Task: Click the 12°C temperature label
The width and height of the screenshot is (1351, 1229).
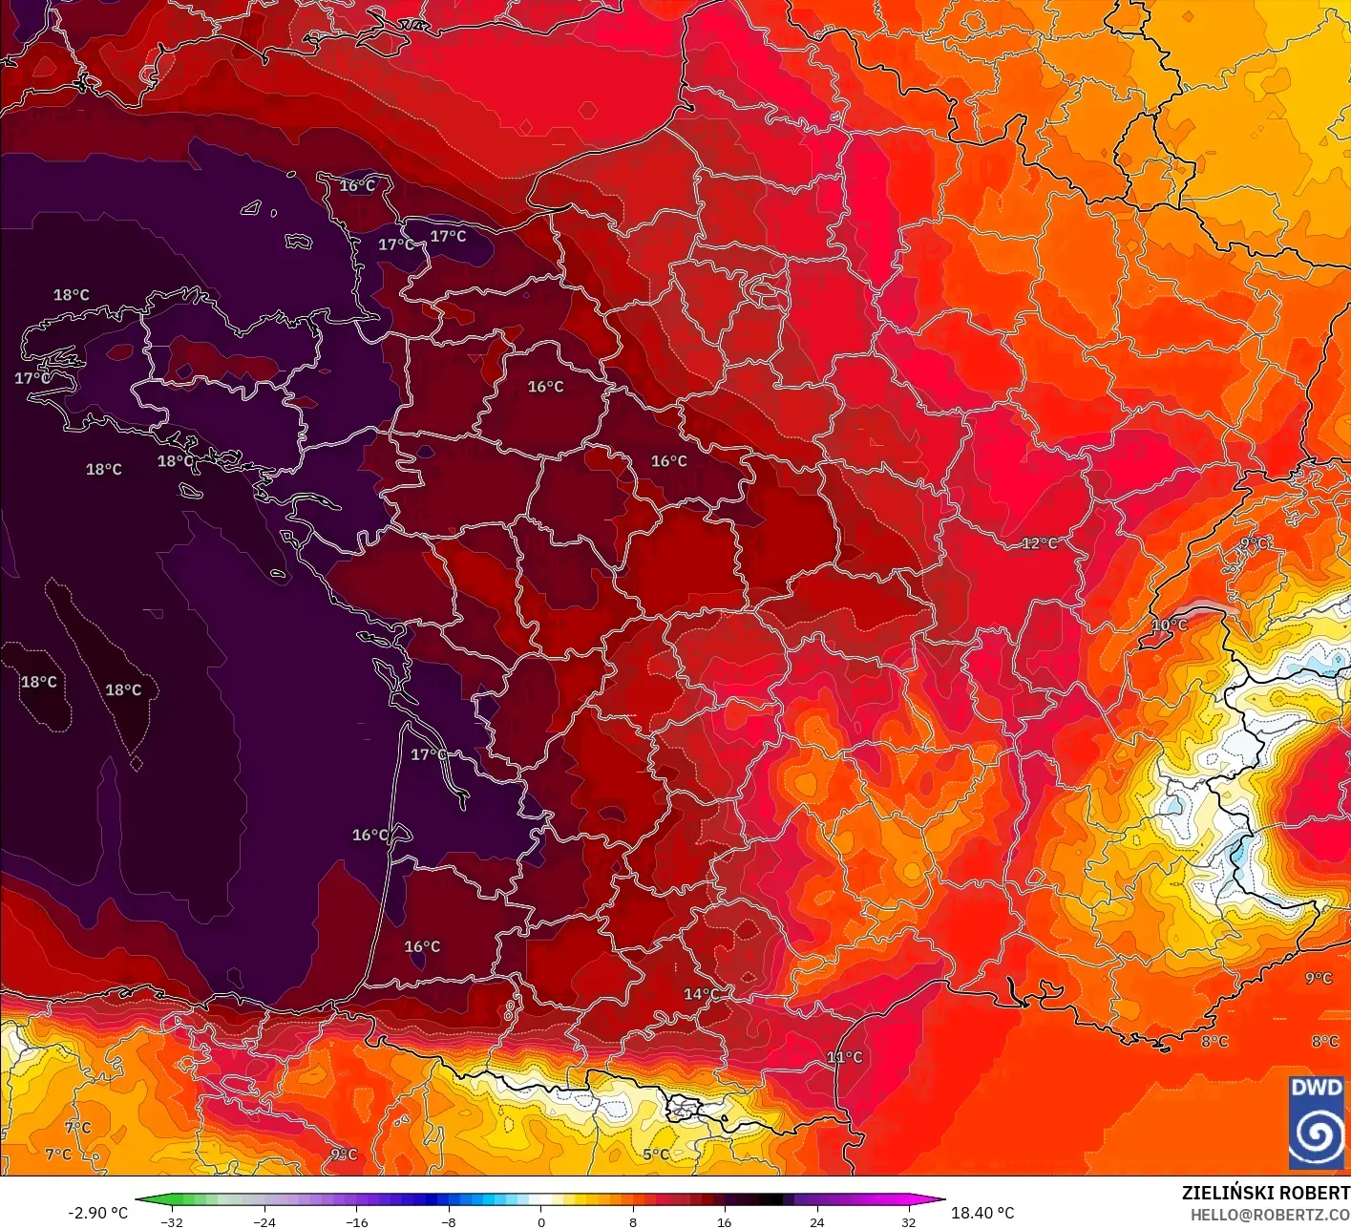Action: point(1040,543)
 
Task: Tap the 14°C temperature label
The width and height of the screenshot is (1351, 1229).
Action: point(701,994)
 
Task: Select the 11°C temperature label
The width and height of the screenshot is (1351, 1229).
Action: point(844,1057)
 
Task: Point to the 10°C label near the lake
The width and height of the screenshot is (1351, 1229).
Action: point(1170,625)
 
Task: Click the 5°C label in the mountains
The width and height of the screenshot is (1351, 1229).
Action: point(656,1155)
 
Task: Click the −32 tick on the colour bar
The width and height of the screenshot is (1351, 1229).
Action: point(171,1221)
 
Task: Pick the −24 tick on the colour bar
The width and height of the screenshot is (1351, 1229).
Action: point(264,1221)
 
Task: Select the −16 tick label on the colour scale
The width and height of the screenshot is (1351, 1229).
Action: point(356,1221)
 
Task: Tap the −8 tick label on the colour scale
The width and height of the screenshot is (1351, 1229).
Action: point(448,1221)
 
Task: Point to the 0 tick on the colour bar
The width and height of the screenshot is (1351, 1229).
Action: point(540,1221)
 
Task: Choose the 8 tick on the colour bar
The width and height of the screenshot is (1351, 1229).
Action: point(633,1221)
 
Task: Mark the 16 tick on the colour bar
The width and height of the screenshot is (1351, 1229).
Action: point(725,1221)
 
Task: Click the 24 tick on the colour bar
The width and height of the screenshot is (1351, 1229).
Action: point(817,1221)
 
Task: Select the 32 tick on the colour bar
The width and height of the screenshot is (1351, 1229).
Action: point(909,1221)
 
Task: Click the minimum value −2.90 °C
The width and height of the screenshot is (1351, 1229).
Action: point(97,1213)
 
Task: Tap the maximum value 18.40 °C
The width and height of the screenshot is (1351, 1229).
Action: point(982,1213)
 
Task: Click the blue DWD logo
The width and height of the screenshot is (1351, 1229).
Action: point(1317,1122)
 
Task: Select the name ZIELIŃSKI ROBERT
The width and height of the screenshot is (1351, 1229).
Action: point(1265,1193)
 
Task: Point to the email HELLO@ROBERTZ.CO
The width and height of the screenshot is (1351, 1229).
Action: point(1270,1215)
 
